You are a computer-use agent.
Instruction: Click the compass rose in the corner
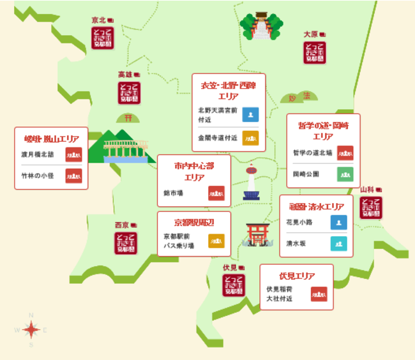point(31,329)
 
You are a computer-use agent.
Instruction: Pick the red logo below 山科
point(371,208)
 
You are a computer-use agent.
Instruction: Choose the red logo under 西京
point(124,243)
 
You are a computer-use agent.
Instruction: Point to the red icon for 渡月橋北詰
point(74,154)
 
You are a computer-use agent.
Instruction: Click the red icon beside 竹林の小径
point(74,176)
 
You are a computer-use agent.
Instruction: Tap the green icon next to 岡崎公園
point(345,174)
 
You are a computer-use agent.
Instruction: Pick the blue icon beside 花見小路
point(339,222)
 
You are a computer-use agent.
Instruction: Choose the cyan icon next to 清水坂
point(339,243)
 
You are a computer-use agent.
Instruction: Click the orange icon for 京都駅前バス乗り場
point(216,241)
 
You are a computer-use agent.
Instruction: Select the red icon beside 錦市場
point(216,192)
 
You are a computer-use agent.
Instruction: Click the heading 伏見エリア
point(297,276)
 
